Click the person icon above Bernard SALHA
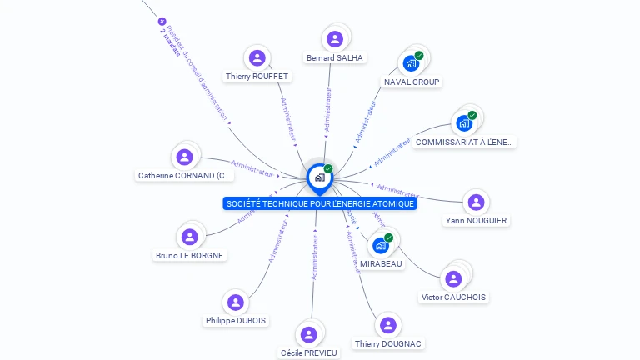335,38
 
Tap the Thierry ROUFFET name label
257,77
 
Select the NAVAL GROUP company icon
411,62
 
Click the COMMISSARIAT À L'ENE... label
465,142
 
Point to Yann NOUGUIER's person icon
476,202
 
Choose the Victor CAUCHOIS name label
454,297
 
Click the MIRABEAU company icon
381,245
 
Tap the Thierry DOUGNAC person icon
387,325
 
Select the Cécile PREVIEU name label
309,352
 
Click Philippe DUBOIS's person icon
235,302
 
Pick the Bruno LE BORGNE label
190,255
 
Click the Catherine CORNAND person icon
185,157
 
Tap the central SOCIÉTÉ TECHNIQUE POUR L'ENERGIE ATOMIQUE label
320,203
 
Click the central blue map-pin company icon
319,177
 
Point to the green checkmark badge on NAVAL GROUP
419,56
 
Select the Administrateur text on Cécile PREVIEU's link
314,257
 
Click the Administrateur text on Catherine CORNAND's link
252,168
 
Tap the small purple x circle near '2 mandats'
162,22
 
